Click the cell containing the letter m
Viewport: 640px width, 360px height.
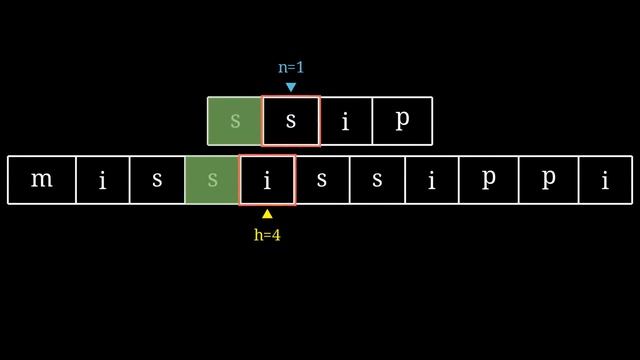(x=41, y=180)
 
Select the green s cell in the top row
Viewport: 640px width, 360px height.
(x=235, y=121)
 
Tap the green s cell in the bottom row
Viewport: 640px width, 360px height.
(x=212, y=180)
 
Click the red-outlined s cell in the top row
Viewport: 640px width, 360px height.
(x=291, y=121)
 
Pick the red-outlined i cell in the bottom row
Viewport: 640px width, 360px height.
(x=267, y=180)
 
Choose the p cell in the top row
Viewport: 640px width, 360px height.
(x=402, y=121)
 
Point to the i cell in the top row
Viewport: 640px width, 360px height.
(x=346, y=121)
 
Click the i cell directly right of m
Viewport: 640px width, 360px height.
(x=102, y=180)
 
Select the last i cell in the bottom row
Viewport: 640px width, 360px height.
(x=605, y=180)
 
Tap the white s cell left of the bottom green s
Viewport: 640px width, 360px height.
(x=157, y=180)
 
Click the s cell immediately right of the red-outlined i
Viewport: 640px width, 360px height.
(x=322, y=180)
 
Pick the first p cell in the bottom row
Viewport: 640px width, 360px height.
(x=489, y=180)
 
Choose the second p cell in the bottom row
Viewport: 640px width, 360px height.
(x=547, y=180)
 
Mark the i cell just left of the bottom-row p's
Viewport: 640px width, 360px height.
(x=432, y=180)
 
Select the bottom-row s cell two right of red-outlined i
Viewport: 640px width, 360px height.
(x=377, y=180)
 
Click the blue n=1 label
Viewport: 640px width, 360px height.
(x=291, y=67)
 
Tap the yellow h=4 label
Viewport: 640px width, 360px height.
(x=267, y=235)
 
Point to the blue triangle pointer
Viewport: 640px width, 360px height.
(x=291, y=87)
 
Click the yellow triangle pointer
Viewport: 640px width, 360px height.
(x=267, y=213)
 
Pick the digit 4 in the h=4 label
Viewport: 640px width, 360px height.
(x=276, y=235)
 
